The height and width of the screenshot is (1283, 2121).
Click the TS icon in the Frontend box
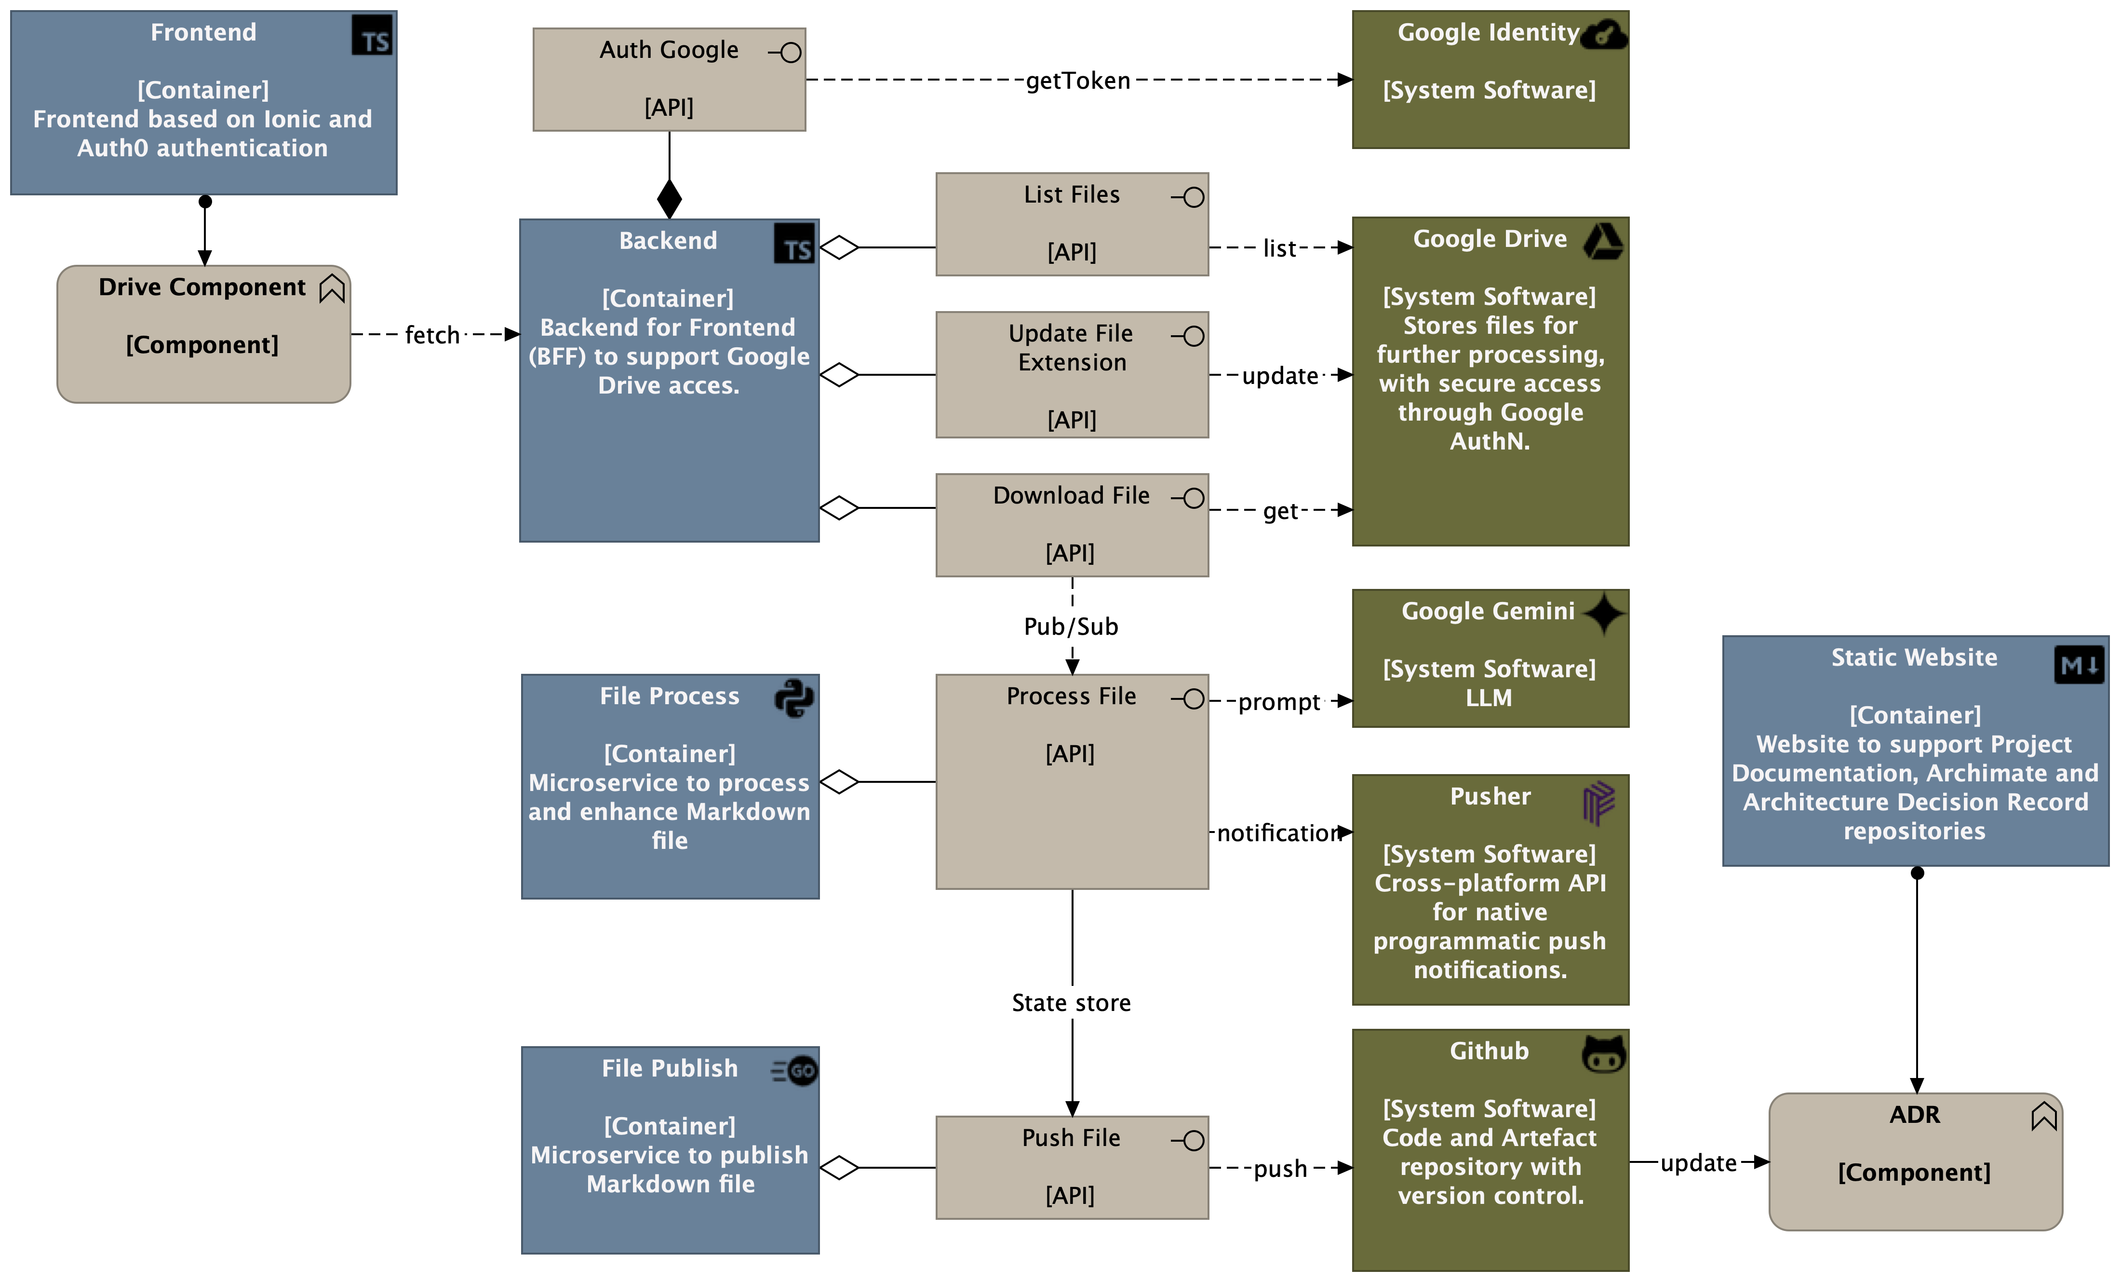click(372, 36)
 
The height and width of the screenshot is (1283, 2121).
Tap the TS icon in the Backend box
click(793, 244)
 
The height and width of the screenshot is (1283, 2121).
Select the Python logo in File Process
click(793, 698)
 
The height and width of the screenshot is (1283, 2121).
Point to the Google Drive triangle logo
click(1604, 241)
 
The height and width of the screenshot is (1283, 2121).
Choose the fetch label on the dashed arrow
click(432, 335)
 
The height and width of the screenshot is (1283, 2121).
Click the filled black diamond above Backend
click(669, 199)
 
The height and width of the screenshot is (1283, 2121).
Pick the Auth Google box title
click(669, 50)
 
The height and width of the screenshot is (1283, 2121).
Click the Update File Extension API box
click(1072, 375)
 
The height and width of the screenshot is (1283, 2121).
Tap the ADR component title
click(1914, 1114)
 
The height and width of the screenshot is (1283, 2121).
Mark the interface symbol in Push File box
click(1191, 1141)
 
